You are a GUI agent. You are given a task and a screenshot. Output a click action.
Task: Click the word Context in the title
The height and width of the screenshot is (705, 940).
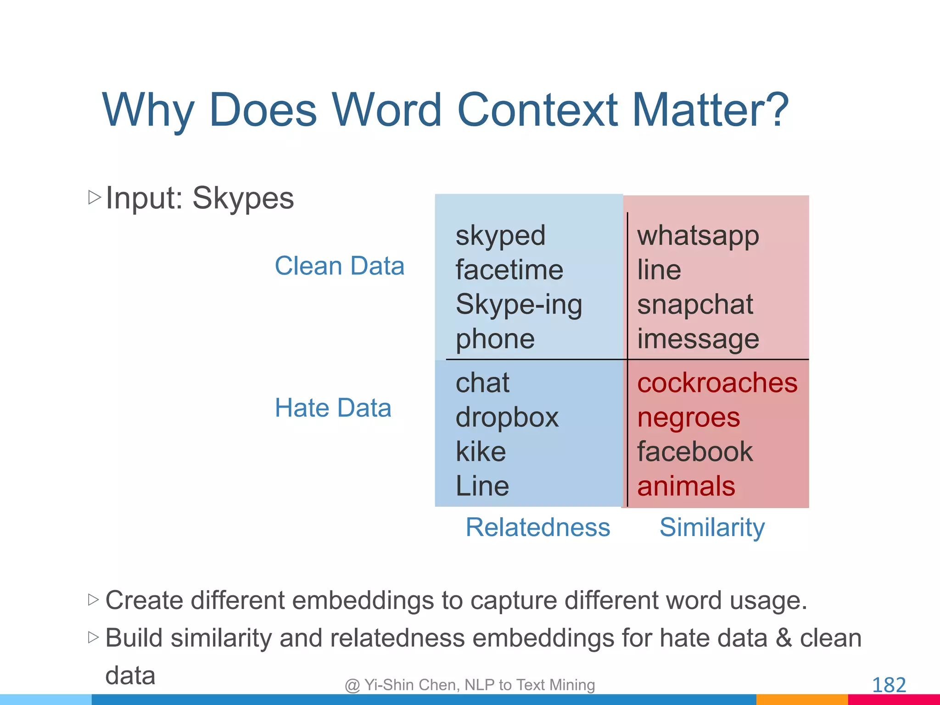537,110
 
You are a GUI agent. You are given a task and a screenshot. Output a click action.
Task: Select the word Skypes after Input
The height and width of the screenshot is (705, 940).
243,198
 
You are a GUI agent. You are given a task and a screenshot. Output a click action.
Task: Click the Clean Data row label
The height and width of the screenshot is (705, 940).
339,266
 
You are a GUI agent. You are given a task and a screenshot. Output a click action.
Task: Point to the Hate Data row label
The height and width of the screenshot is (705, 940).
333,408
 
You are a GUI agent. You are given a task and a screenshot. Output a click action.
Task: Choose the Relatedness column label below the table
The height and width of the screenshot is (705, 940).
537,527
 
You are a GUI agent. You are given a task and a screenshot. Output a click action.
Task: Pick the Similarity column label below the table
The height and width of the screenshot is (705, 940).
712,527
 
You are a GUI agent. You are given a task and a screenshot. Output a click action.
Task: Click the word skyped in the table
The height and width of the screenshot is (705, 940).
500,236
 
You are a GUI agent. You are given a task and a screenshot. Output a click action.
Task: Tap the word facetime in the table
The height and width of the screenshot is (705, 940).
509,270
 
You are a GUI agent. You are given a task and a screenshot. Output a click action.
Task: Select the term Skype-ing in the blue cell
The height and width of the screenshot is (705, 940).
519,305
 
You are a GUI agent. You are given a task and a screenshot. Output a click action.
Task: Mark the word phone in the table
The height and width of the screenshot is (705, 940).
495,340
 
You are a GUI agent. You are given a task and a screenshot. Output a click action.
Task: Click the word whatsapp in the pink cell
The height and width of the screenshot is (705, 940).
698,236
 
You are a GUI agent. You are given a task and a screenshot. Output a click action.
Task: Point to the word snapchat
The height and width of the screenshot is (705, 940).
695,304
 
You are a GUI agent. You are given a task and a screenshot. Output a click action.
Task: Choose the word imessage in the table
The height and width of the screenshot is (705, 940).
698,340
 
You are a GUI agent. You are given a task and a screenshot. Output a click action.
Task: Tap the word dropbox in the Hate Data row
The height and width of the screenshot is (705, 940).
507,418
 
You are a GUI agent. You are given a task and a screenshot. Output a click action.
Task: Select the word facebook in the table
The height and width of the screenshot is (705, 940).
695,452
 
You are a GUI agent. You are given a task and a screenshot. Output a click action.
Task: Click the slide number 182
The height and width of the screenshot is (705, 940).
889,685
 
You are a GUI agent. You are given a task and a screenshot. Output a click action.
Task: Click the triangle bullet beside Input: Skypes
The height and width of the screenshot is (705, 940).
94,197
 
